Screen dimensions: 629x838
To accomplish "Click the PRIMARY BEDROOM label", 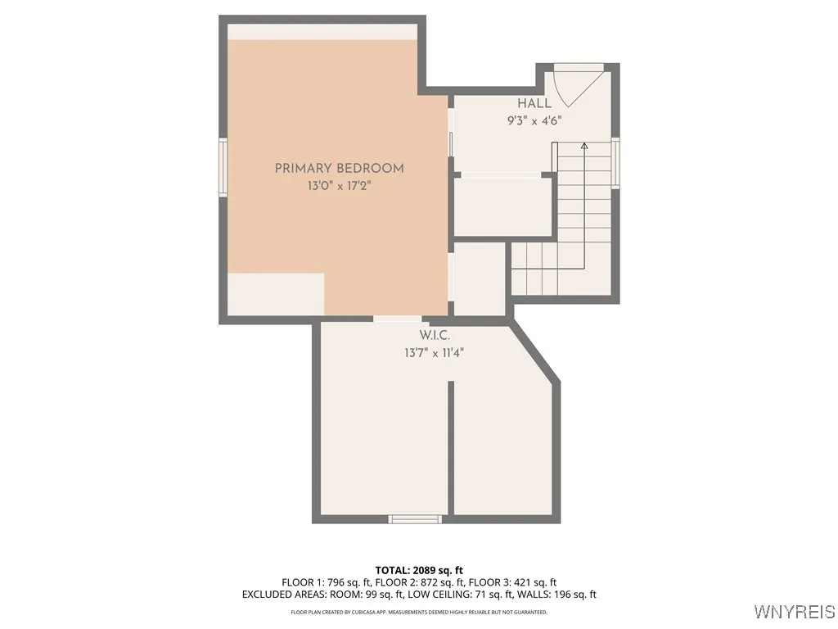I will (x=339, y=168).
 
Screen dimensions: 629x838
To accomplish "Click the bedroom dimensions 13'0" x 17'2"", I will (x=339, y=186).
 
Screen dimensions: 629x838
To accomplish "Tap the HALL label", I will (x=534, y=103).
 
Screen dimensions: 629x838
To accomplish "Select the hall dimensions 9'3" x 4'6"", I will (x=534, y=120).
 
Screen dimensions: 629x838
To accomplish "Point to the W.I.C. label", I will (x=435, y=336).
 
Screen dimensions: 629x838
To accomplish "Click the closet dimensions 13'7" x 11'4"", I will (x=435, y=353).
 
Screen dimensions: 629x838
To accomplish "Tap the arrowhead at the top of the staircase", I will (x=584, y=146).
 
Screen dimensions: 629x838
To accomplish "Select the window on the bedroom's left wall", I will (x=223, y=167).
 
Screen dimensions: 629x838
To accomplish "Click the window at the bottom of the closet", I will (x=415, y=518).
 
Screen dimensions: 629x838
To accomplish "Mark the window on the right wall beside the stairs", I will (x=615, y=163).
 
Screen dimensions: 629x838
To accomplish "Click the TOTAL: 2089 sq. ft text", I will (x=419, y=570).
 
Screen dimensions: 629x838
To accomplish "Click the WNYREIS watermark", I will (x=794, y=612).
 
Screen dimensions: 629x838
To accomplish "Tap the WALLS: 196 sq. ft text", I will (x=564, y=595).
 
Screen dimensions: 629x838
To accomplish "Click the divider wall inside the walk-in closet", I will (x=450, y=446).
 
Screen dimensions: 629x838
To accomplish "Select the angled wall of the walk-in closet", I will (x=536, y=353).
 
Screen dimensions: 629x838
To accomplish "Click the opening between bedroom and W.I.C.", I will (x=398, y=318).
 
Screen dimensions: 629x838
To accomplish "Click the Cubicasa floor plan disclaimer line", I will (x=419, y=612).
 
